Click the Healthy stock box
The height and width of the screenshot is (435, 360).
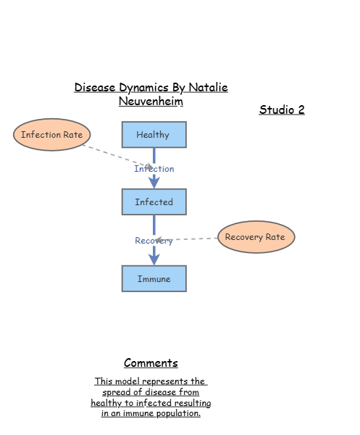154,135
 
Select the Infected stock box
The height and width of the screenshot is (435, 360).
154,202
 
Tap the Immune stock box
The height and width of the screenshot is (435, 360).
154,278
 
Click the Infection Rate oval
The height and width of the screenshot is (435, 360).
51,135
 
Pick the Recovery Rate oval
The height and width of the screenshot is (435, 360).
256,237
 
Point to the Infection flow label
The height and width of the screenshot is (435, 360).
154,169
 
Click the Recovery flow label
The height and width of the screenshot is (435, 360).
154,241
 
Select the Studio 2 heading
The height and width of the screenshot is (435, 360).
282,110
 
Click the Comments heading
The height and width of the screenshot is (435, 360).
151,363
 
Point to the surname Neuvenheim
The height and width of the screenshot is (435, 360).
151,101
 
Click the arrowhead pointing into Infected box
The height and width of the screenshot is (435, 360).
154,183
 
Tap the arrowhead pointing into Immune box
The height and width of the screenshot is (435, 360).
154,258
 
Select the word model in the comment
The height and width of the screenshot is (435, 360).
131,381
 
